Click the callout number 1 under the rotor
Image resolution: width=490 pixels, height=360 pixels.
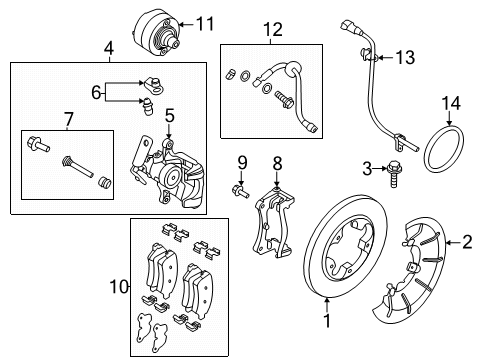pyautogui.click(x=325, y=322)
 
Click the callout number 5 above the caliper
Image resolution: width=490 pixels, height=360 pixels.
pyautogui.click(x=170, y=115)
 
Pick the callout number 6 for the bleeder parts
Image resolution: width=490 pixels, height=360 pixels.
pyautogui.click(x=96, y=93)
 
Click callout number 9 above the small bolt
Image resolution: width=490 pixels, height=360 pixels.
pyautogui.click(x=241, y=162)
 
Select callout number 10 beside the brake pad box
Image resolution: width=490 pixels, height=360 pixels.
pyautogui.click(x=117, y=288)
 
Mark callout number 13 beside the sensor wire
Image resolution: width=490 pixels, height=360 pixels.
pyautogui.click(x=403, y=59)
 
